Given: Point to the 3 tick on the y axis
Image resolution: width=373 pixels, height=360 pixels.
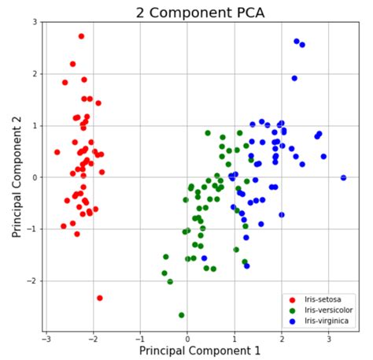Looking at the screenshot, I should (x=35, y=23).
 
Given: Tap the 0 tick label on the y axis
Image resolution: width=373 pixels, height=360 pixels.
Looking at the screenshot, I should (x=35, y=178).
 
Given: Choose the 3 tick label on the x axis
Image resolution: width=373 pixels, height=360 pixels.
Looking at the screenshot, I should (x=327, y=338).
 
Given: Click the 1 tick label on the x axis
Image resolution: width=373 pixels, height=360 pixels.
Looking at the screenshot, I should (x=235, y=338).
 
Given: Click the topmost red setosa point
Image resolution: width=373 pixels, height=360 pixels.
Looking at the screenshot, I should (x=81, y=36).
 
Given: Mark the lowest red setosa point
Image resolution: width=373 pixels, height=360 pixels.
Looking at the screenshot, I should (x=100, y=298).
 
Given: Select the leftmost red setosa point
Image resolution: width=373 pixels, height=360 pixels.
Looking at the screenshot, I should (x=57, y=152).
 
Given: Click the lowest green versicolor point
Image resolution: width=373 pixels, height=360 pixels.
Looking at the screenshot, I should (x=182, y=315).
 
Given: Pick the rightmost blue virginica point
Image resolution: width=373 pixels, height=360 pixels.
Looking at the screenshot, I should (x=343, y=178).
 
